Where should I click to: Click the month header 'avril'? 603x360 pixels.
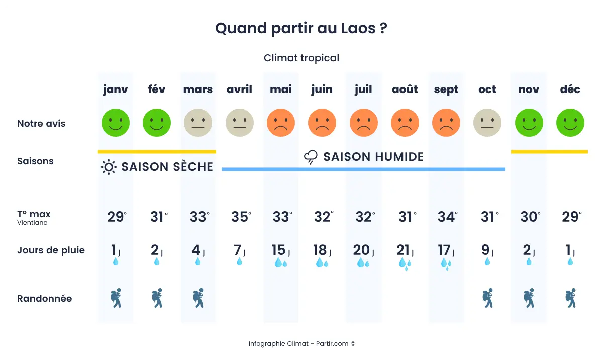(239, 89)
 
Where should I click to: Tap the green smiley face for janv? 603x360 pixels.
(116, 123)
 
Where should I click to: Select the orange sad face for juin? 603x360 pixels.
(322, 123)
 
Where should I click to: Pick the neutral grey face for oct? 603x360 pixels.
(487, 123)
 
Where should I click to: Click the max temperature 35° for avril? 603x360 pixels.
(241, 217)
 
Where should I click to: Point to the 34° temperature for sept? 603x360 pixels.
(446, 217)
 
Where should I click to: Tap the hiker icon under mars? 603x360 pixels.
(198, 298)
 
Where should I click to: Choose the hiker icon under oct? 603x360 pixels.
(487, 298)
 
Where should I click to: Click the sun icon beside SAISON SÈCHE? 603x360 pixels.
(109, 167)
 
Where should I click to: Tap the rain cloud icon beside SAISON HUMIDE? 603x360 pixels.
(311, 157)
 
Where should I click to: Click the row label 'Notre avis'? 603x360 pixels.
(41, 123)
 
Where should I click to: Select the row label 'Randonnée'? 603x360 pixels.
(44, 298)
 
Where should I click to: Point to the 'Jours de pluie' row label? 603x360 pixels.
(51, 250)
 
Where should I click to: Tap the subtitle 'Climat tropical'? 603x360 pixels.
(301, 58)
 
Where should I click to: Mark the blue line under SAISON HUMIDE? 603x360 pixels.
(363, 169)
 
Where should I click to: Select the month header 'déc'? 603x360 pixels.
(570, 89)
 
